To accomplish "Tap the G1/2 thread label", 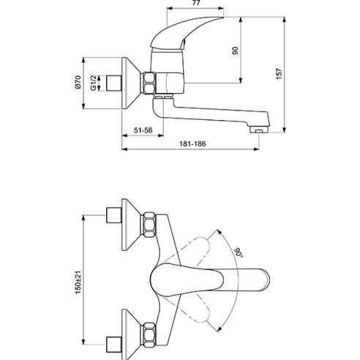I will point(92,80).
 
